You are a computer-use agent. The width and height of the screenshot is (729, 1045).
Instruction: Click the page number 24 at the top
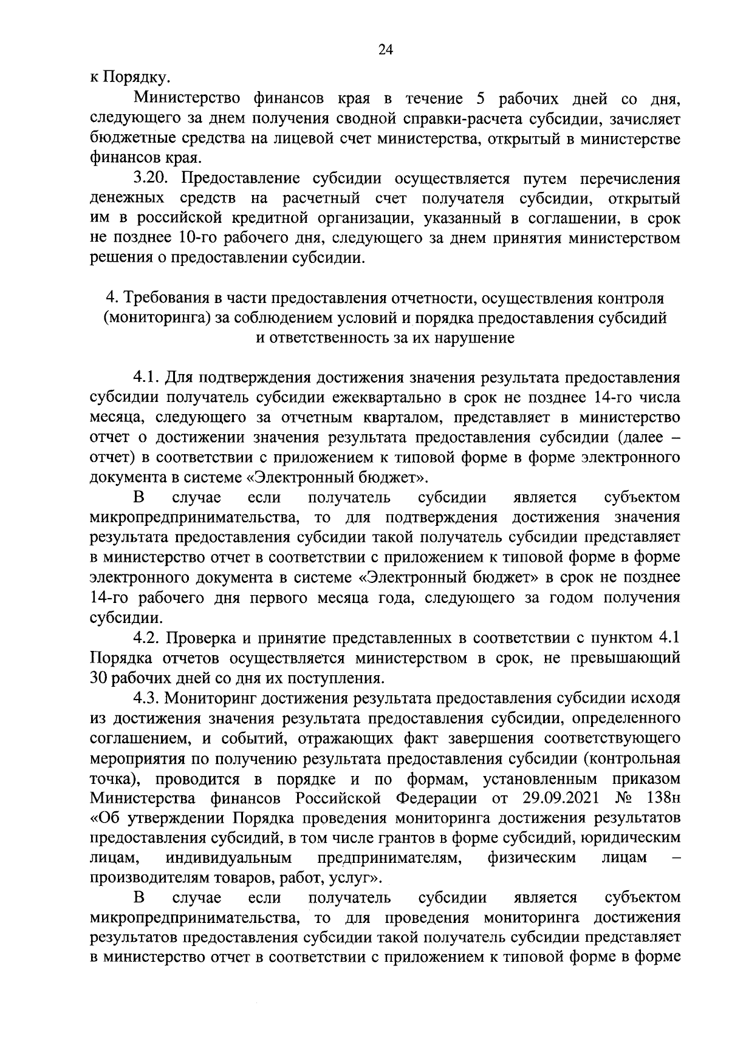[x=386, y=51]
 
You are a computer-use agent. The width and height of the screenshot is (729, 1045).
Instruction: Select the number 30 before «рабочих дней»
[x=98, y=678]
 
